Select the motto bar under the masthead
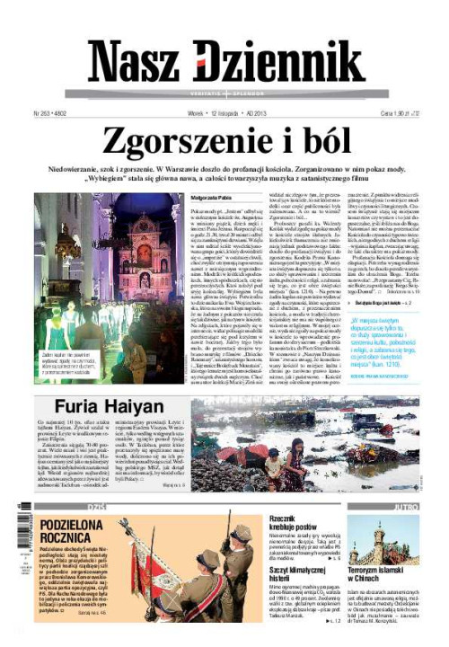coord(224,93)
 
